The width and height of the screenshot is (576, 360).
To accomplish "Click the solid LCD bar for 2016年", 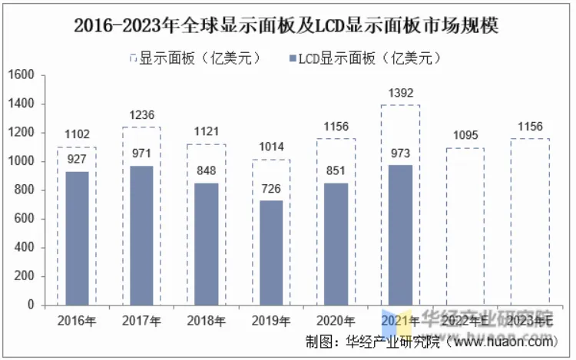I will click(77, 238).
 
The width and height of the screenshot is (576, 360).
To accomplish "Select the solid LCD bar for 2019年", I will click(271, 253).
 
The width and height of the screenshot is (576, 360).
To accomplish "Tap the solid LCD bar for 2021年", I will click(401, 235).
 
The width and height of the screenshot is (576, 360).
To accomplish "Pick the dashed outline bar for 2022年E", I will click(465, 226).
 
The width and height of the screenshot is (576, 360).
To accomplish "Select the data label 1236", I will click(141, 115).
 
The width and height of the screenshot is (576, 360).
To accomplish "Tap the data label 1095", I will click(465, 136).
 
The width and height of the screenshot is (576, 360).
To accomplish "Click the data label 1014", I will click(271, 147).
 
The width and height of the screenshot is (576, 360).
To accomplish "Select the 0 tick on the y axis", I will click(31, 306).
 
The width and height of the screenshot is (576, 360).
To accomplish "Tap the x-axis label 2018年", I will click(206, 321).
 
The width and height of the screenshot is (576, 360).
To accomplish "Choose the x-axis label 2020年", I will click(336, 321).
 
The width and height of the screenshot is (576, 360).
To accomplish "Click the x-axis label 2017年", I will click(141, 321).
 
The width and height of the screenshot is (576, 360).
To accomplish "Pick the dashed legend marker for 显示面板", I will click(134, 58).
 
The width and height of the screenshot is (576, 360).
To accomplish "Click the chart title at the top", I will click(287, 25).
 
